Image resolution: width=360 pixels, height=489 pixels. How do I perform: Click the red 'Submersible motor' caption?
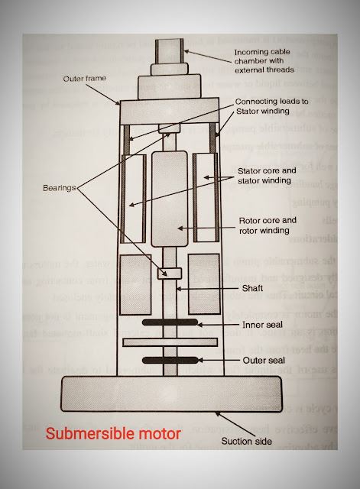(x=113, y=434)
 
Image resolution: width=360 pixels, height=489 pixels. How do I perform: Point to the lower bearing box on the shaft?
(x=167, y=274)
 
